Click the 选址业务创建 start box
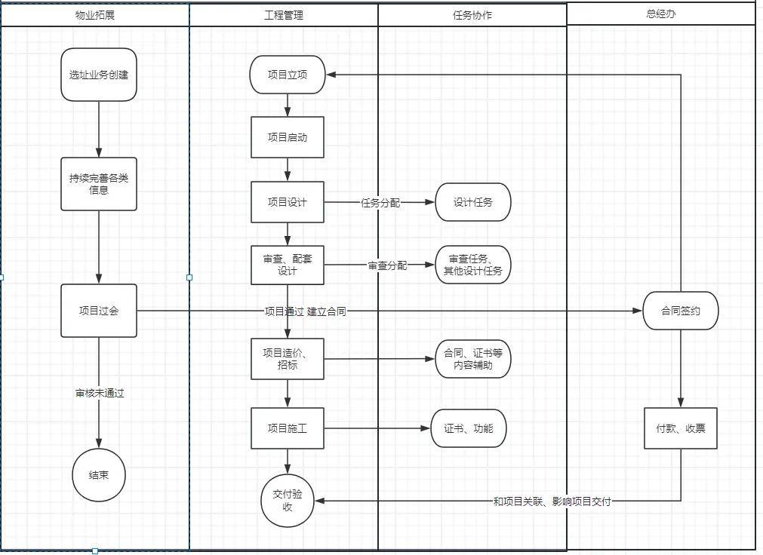[x=99, y=75]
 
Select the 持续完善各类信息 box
[x=99, y=184]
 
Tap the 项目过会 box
[x=99, y=311]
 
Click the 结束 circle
[x=99, y=475]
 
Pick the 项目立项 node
[x=288, y=75]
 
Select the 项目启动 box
[x=288, y=137]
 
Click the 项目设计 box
[x=288, y=202]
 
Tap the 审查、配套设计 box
[x=288, y=265]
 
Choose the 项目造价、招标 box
[x=288, y=358]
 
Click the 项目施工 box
[x=288, y=428]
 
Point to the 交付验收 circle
[x=288, y=501]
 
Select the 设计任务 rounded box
[x=473, y=202]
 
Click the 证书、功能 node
[x=469, y=428]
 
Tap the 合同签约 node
[x=681, y=311]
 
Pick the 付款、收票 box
[x=681, y=428]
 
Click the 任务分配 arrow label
[x=380, y=203]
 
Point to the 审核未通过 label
[x=99, y=393]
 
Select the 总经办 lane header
[x=661, y=14]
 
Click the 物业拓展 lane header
[x=95, y=15]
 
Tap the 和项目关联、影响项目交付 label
[x=552, y=501]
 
